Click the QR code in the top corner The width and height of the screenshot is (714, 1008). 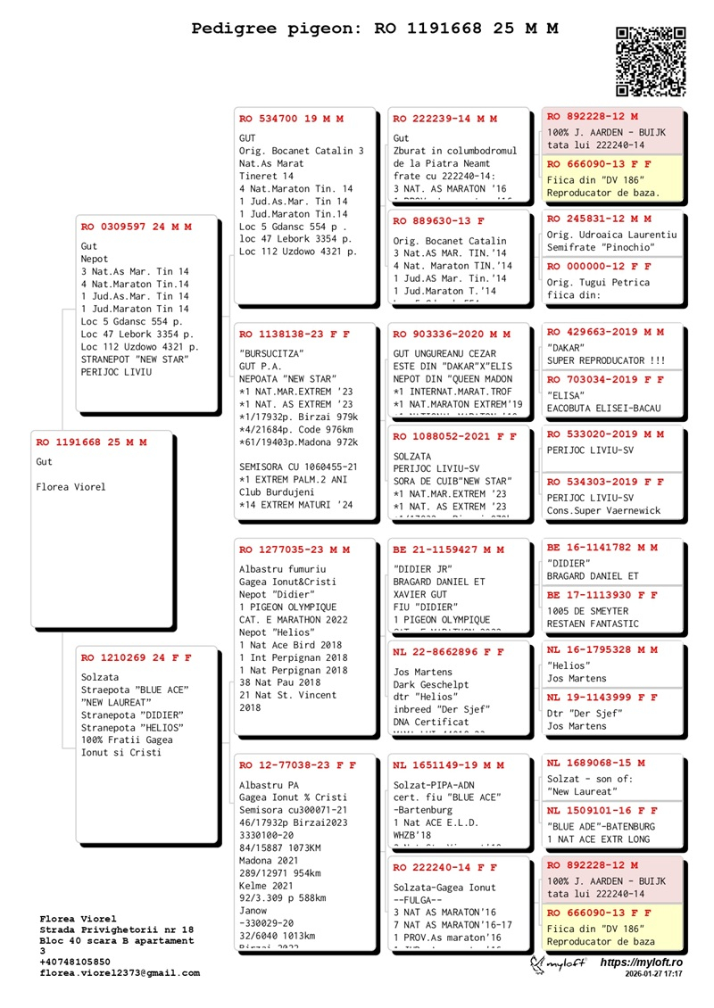(651, 61)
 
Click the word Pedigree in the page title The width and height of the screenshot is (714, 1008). (235, 29)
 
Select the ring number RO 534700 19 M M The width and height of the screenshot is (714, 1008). (291, 119)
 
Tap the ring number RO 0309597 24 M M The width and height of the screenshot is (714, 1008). (136, 227)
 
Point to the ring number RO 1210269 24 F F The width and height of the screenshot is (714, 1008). (136, 658)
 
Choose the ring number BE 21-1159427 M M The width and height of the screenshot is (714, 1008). (448, 550)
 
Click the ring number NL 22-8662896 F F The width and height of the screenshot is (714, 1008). (448, 652)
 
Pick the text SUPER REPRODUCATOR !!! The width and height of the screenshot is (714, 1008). (605, 360)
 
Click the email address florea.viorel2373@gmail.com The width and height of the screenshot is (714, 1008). (120, 973)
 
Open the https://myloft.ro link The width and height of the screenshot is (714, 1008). (641, 963)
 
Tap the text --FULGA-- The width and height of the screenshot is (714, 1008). (421, 900)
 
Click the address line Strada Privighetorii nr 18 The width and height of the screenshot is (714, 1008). (117, 930)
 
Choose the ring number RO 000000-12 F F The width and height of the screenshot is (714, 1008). (599, 267)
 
